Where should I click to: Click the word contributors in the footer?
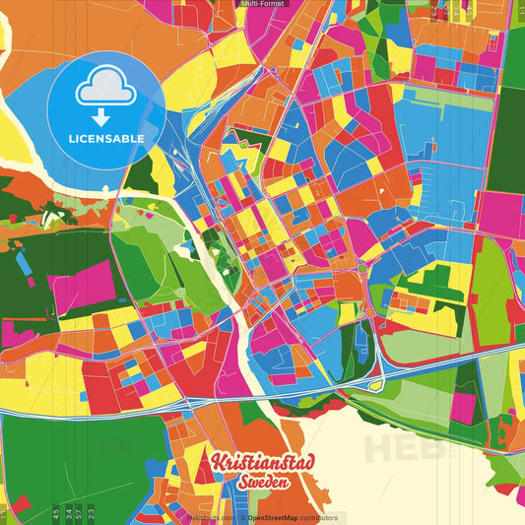[316, 517]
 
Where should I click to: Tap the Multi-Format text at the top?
[262, 5]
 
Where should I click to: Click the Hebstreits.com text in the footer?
[210, 517]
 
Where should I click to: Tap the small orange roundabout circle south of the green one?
[367, 313]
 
